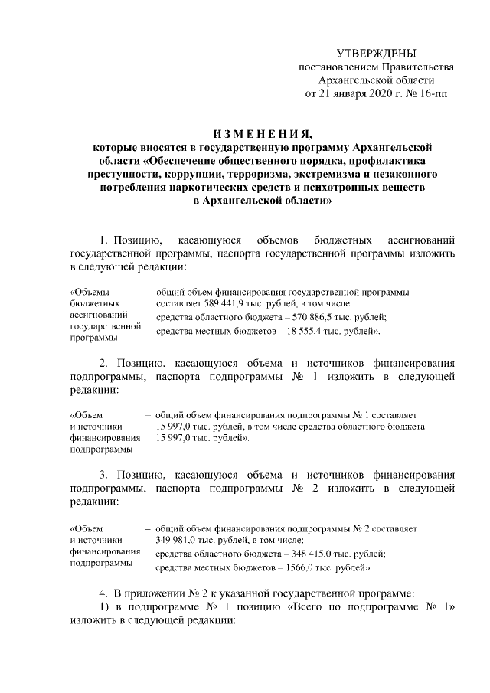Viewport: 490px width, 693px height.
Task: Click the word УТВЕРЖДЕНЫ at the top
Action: tap(377, 53)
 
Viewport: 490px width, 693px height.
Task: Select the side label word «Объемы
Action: tap(90, 293)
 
